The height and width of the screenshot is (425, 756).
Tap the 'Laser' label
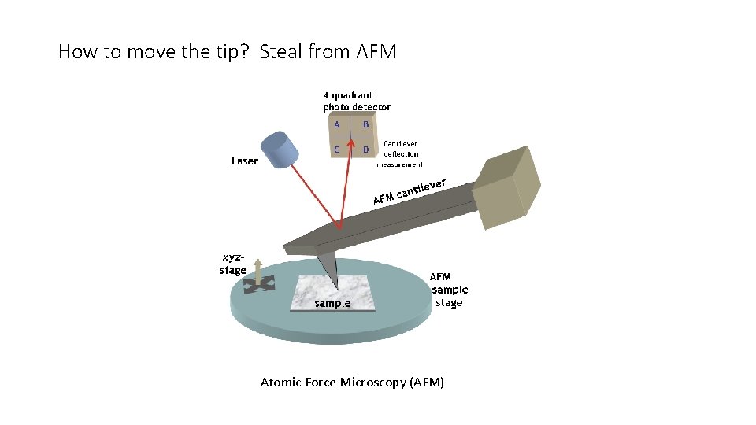(x=244, y=161)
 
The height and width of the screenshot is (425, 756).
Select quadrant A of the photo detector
(x=337, y=125)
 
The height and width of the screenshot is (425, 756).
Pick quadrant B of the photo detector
(x=365, y=125)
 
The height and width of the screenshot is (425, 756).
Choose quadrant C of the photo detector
(x=337, y=149)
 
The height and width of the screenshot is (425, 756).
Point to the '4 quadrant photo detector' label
(x=357, y=102)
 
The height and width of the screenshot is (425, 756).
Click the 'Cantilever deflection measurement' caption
(x=400, y=154)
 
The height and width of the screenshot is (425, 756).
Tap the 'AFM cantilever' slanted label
(x=409, y=191)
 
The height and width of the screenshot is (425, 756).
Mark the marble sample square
(x=331, y=293)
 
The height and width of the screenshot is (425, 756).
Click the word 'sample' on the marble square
(x=332, y=303)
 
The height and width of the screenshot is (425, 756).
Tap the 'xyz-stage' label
(x=233, y=264)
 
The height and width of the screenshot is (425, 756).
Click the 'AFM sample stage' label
(x=449, y=290)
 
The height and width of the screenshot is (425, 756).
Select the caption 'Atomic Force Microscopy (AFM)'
(x=352, y=382)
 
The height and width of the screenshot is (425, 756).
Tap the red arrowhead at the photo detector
(x=351, y=145)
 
